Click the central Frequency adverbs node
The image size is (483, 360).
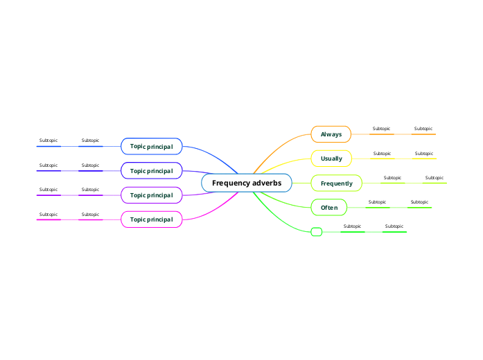click(247, 183)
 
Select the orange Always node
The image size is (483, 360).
click(331, 134)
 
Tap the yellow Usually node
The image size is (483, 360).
click(331, 159)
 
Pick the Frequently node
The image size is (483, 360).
click(336, 183)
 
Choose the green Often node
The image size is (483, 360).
click(329, 208)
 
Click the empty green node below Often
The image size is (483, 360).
click(317, 232)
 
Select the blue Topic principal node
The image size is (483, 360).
click(151, 146)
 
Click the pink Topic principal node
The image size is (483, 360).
click(151, 220)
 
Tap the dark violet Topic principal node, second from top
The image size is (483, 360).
click(151, 170)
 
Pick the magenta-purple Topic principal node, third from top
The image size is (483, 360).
click(151, 195)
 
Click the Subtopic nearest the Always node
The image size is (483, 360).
click(381, 129)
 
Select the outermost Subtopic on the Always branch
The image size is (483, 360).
click(423, 129)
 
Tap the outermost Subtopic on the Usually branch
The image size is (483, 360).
click(423, 154)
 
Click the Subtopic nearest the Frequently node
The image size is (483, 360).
click(392, 178)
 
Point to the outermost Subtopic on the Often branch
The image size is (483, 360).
click(419, 202)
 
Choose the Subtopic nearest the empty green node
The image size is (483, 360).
click(352, 226)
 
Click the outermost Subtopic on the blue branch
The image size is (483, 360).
click(49, 141)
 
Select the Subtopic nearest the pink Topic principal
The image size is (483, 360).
click(90, 215)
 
